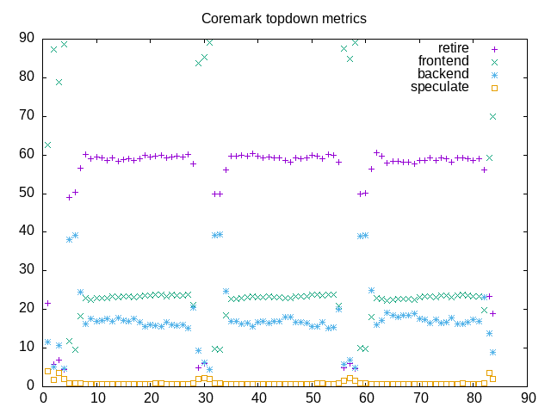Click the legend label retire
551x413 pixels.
click(x=454, y=48)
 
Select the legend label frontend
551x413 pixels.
click(x=443, y=61)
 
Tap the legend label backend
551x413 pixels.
click(x=444, y=74)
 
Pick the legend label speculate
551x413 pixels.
click(x=440, y=87)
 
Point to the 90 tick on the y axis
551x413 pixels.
click(x=26, y=38)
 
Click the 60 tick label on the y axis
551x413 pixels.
click(x=26, y=154)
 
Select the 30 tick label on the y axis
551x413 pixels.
click(x=26, y=270)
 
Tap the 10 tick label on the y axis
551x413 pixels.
click(x=26, y=347)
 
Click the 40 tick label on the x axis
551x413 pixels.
click(x=258, y=398)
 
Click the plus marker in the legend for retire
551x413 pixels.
click(x=494, y=48)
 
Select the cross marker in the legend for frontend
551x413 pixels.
click(x=494, y=61)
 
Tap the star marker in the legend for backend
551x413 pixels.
click(x=494, y=74)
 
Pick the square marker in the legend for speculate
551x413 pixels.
click(x=494, y=87)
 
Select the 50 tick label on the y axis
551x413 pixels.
click(x=26, y=193)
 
